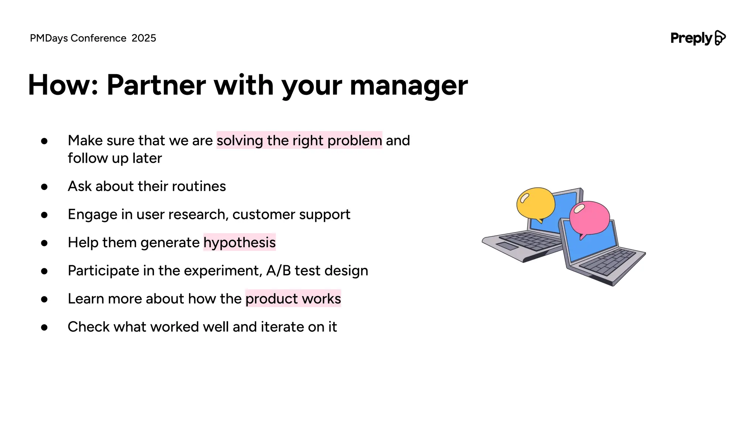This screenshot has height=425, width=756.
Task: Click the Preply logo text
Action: (691, 38)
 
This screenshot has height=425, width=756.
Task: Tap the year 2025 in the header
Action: (144, 38)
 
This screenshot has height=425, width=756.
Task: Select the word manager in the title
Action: (408, 86)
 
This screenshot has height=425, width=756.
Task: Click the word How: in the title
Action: (63, 86)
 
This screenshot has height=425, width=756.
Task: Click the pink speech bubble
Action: (590, 218)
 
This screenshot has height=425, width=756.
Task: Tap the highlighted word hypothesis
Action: (239, 243)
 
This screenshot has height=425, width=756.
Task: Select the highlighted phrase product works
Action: (293, 299)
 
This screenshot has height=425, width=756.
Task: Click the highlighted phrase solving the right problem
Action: (299, 141)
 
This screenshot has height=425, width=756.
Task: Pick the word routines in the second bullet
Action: (199, 187)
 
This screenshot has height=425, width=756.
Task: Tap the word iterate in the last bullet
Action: (282, 327)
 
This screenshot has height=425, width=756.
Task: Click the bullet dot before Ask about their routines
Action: (44, 187)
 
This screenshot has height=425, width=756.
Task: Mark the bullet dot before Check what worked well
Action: (44, 328)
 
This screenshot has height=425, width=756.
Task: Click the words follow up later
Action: (115, 159)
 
